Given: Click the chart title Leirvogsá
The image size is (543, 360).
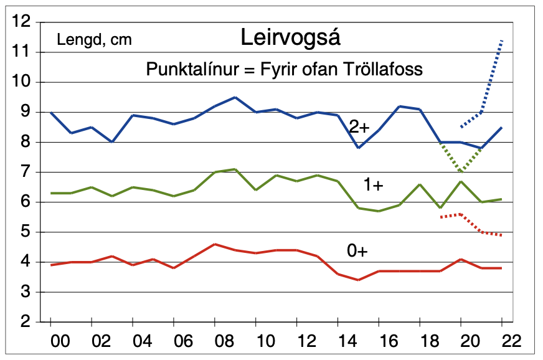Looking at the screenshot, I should coord(291,39).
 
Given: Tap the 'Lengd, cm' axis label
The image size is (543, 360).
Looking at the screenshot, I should coord(94,40).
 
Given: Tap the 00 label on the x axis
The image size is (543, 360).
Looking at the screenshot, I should coord(50,341).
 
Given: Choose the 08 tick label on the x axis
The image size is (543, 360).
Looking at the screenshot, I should coord(214,341).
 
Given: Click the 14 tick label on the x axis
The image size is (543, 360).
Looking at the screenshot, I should coord(338,341).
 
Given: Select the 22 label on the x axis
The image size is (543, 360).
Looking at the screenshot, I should coord(502,341).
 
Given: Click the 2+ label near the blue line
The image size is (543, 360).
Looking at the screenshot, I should coord(359,127).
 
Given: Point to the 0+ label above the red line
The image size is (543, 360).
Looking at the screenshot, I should coord(357,250).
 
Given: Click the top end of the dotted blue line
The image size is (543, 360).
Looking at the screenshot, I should coord(502,40).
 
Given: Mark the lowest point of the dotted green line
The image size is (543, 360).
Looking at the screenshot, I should coord(461,172).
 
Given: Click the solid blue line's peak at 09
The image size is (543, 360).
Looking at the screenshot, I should coord(235,97).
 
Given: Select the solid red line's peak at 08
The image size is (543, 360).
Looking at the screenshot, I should coord(214,244).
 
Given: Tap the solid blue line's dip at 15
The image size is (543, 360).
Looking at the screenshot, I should coord(358,148).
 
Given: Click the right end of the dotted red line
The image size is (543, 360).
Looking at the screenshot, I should coord(502,235).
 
